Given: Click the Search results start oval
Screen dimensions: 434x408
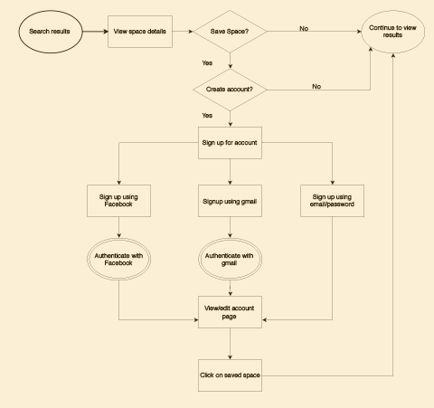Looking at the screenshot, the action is click(x=51, y=32).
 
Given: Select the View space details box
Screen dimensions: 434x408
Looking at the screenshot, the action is click(x=140, y=32).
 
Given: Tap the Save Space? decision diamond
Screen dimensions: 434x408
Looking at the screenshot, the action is click(x=230, y=32).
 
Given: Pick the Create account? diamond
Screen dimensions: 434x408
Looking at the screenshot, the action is click(x=230, y=90).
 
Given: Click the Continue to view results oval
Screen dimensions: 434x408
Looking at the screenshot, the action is click(x=392, y=32).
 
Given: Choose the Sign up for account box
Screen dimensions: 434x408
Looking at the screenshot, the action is click(x=230, y=143).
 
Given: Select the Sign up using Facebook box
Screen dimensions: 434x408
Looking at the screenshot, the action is click(x=118, y=201).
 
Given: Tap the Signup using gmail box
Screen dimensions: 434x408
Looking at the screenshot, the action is click(x=230, y=201).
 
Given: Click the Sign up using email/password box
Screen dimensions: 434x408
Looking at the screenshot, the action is click(x=332, y=201).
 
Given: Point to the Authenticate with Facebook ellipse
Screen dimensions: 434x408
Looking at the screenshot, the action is click(x=118, y=259).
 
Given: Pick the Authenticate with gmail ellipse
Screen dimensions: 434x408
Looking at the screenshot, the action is click(x=230, y=259).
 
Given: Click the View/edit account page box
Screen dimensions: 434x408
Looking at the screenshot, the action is click(x=230, y=312).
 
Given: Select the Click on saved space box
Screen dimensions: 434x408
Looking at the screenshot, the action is click(x=230, y=375).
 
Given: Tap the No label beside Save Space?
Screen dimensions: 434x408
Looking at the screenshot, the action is click(x=304, y=29).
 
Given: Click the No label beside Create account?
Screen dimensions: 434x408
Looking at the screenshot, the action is click(x=316, y=87).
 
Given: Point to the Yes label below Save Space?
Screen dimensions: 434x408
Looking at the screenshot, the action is click(x=207, y=63).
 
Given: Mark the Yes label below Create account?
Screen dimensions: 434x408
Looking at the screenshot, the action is click(x=207, y=116).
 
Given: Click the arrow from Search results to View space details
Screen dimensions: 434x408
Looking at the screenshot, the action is click(x=95, y=32).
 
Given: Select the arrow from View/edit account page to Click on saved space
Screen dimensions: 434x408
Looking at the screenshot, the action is click(x=230, y=344).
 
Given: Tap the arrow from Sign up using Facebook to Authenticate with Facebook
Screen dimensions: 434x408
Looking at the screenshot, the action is click(x=118, y=227).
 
